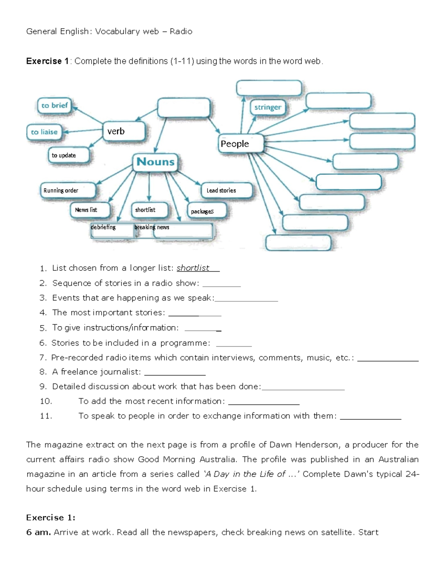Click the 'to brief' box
point(54,106)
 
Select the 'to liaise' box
point(44,132)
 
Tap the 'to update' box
point(68,155)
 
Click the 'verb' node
point(123,131)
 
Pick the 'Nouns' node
point(155,162)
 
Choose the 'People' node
point(240,144)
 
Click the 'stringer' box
point(268,107)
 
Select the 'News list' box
point(90,210)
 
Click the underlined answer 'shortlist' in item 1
point(193,268)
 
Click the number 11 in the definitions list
point(46,416)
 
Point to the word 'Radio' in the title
point(181,32)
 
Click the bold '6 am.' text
point(38,532)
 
